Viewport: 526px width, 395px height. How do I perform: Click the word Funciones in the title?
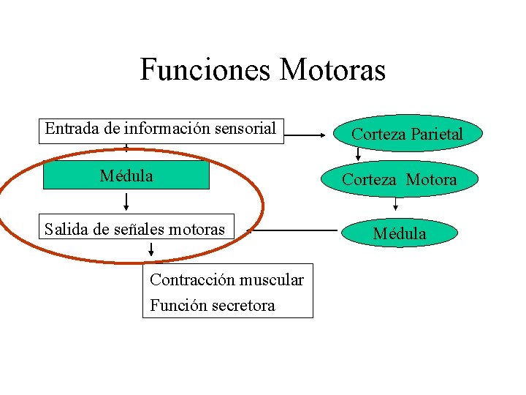click(x=206, y=70)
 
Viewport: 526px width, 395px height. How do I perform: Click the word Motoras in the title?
click(x=332, y=70)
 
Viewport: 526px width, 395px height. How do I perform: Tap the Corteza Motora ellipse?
click(x=399, y=179)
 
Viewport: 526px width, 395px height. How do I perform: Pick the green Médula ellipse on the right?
click(x=399, y=233)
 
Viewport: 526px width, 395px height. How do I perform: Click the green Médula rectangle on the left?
click(x=126, y=176)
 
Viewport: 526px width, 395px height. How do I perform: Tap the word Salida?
click(x=64, y=229)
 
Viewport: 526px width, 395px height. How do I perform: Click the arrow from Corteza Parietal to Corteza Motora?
click(x=358, y=154)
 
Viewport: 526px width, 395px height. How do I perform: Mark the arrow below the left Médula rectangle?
click(x=126, y=200)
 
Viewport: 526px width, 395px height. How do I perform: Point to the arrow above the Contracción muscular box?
click(x=151, y=252)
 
